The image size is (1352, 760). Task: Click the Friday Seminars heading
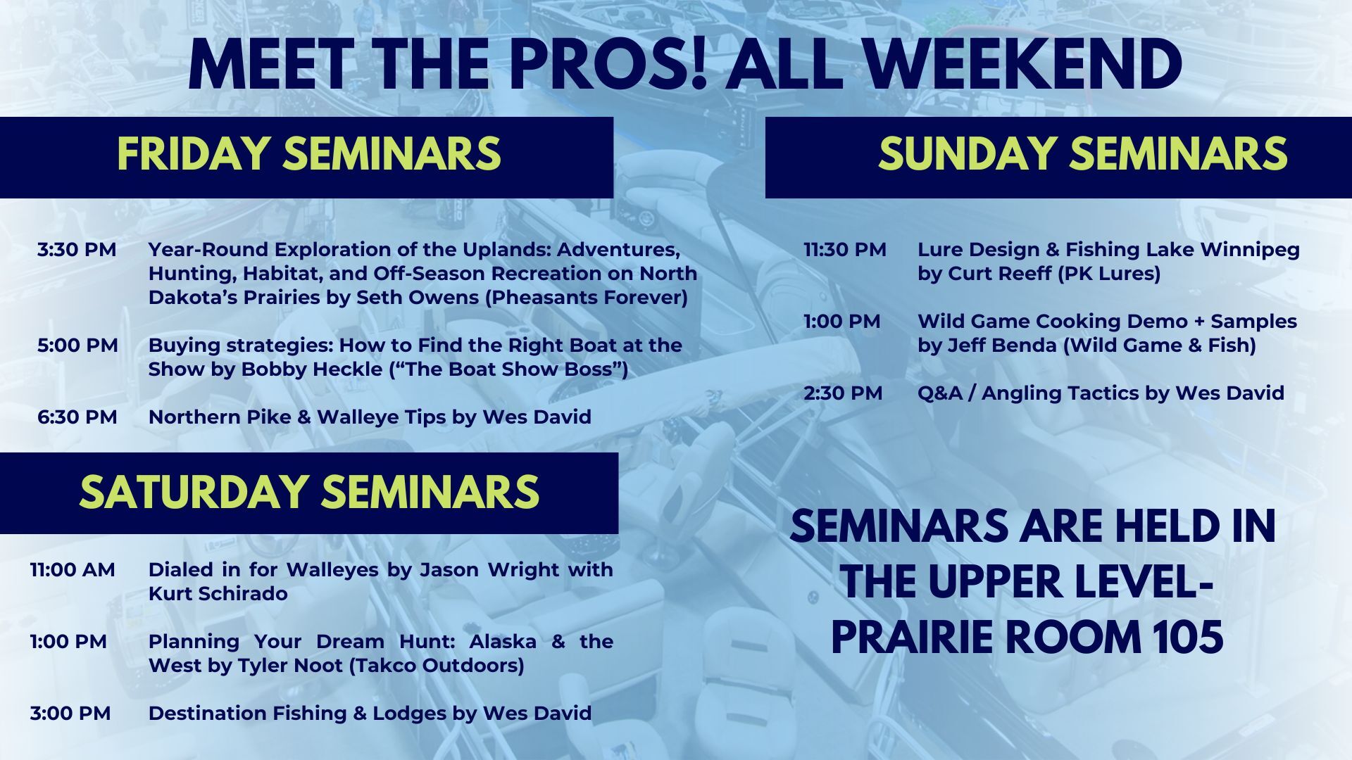coord(308,154)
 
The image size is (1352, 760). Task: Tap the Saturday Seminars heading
coord(309,492)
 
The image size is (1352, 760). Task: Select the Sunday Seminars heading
coord(1082,154)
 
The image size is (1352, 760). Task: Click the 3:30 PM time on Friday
coord(77,250)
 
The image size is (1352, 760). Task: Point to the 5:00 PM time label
coord(77,346)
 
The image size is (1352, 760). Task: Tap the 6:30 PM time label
coord(77,417)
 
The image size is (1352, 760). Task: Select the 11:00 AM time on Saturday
coord(73,570)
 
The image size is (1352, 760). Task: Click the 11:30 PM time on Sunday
coord(845,250)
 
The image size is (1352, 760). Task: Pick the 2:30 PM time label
coord(843,393)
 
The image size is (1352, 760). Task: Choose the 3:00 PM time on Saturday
coord(70,714)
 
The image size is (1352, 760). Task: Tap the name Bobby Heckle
coord(314,369)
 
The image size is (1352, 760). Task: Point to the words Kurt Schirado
coord(218,594)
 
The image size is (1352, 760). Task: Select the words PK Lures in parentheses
coord(1109,274)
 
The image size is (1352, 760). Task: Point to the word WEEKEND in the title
coord(1022,65)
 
